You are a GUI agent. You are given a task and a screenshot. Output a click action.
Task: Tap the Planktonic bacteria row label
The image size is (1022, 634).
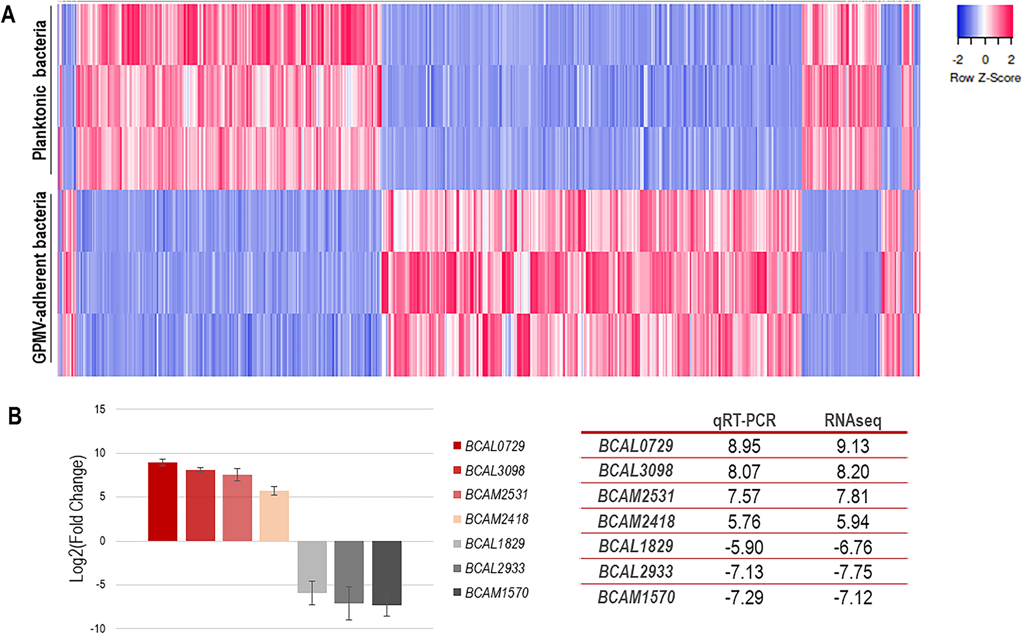coord(39,90)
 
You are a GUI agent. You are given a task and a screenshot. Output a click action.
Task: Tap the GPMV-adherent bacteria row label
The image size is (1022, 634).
coord(39,277)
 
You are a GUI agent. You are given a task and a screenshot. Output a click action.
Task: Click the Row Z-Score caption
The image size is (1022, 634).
coord(985,78)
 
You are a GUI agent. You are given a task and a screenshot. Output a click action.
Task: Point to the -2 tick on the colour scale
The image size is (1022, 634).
coord(958,60)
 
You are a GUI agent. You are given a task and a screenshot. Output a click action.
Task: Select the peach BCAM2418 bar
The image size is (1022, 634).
coord(274,516)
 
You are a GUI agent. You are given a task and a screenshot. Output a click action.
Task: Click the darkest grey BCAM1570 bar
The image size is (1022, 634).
coord(386,572)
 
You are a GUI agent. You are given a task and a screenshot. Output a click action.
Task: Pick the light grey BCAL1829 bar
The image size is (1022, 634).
coord(312,566)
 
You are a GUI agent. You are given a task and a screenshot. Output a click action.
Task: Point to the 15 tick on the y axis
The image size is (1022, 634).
coord(100,409)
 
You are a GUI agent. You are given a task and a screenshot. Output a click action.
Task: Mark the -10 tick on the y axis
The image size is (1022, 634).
coord(98,629)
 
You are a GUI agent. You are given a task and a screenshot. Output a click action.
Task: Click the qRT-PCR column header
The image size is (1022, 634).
coord(744,421)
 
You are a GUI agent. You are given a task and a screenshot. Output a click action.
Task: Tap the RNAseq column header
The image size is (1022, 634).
coord(853,421)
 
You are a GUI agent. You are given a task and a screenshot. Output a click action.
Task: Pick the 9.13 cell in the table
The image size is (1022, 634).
coord(853,446)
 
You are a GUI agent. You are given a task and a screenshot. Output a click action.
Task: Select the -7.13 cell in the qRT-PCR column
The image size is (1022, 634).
coord(744,572)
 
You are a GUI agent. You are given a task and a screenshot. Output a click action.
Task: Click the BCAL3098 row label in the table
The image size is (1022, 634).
coord(636,471)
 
